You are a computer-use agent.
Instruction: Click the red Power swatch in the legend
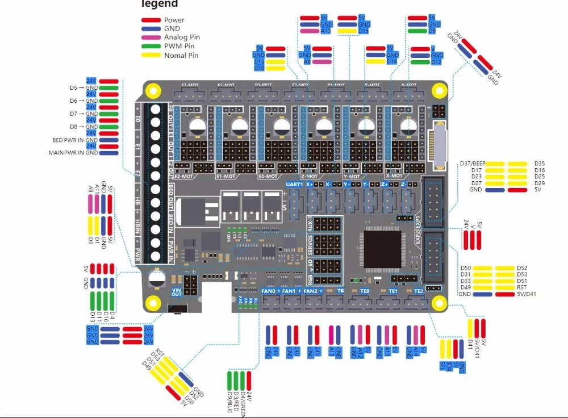[151, 20]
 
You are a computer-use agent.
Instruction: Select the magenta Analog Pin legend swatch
[151, 37]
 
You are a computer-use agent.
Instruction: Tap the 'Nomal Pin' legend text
[181, 56]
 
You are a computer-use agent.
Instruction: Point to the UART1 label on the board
[294, 184]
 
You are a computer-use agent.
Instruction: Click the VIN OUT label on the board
[177, 291]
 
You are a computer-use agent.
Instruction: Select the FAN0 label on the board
[268, 291]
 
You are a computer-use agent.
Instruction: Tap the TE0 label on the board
[365, 291]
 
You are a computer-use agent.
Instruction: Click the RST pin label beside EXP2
[522, 287]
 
